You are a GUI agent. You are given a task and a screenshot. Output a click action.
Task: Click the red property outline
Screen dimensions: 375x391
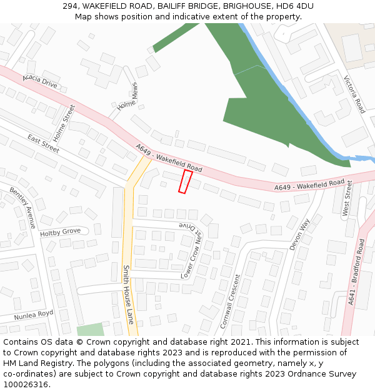186,181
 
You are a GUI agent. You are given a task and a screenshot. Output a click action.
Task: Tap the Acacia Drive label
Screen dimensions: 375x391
39,81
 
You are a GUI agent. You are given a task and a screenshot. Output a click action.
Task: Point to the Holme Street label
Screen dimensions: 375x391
64,123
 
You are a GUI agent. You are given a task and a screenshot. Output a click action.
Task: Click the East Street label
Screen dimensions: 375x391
43,143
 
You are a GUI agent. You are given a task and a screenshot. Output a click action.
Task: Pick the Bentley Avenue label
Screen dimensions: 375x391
23,207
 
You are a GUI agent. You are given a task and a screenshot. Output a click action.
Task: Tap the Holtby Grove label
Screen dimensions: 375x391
61,232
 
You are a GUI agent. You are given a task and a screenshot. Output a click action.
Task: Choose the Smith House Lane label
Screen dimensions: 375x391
129,293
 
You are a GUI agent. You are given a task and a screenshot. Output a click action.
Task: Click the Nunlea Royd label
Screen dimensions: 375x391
34,314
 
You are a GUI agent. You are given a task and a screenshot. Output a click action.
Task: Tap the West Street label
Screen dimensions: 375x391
347,198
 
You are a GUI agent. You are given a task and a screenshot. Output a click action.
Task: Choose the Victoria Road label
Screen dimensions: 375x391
354,94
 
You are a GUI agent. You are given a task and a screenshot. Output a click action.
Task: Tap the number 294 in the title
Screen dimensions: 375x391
71,6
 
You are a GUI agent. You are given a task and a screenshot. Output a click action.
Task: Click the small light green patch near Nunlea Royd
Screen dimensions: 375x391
91,330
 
